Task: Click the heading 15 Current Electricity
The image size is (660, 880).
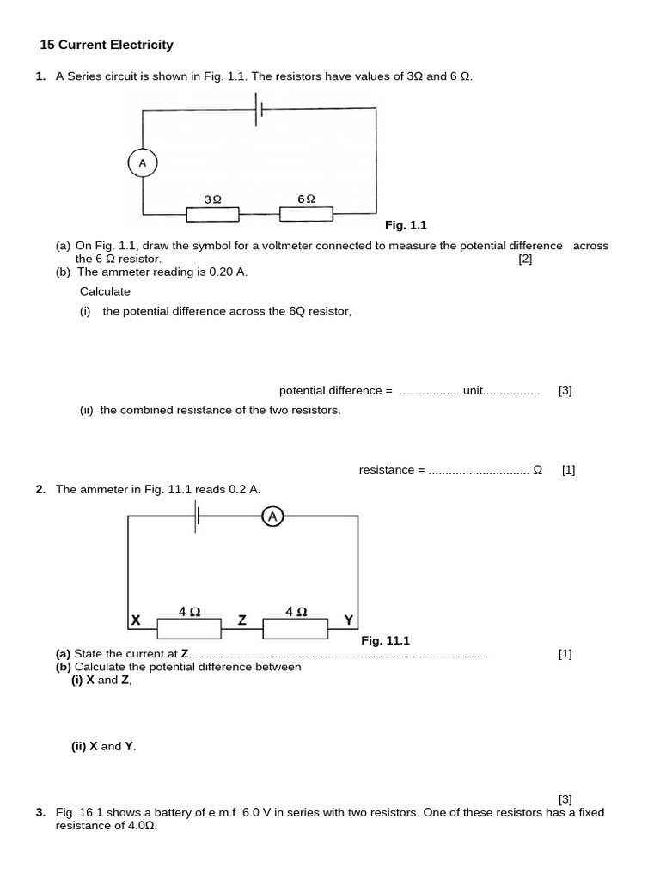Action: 107,45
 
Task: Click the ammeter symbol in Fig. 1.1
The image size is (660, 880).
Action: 143,162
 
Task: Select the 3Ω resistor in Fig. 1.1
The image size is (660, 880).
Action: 213,212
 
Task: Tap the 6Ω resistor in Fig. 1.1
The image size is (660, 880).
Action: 307,212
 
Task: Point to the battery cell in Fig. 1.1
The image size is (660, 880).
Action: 258,109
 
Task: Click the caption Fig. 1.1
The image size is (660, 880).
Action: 406,225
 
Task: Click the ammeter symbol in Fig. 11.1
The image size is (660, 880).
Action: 272,516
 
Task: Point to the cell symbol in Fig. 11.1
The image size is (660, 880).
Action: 198,516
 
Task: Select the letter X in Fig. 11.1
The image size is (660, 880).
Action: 136,620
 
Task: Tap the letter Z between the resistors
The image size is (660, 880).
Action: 242,620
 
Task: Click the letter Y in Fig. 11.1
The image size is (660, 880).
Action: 348,620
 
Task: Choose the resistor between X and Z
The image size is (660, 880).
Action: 189,629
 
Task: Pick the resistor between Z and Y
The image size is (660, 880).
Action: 295,629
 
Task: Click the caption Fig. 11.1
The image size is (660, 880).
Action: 386,640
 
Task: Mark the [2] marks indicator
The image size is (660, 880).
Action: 525,259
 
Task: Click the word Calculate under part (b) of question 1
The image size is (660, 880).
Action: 105,291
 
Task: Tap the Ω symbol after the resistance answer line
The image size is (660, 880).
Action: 538,470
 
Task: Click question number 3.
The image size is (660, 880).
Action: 40,812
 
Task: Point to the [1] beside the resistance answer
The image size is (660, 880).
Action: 568,470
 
